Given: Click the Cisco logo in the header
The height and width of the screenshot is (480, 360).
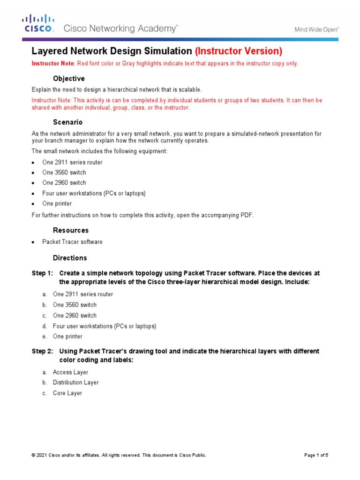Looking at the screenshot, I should coord(39,23).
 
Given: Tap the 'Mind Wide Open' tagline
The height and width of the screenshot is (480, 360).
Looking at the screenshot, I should coord(316,29).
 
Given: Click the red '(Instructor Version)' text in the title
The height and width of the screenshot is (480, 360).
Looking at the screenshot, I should coord(239,51).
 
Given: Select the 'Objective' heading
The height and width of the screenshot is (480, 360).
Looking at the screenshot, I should coord(68,78).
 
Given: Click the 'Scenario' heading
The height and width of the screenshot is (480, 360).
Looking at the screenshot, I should coord(67,122).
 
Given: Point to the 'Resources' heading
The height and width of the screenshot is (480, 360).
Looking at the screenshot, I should coord(70,231).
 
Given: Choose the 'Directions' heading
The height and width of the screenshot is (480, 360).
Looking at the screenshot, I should coord(70,258).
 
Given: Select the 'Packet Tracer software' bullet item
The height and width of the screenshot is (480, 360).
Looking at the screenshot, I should coord(72,242).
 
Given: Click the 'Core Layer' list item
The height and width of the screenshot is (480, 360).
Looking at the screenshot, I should coord(67,393).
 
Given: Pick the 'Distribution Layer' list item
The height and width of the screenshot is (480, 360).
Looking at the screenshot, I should coord(75,382).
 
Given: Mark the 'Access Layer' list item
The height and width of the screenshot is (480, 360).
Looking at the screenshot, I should coord(70,372).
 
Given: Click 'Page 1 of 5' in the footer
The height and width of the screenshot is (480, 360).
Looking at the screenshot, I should coord(316,455).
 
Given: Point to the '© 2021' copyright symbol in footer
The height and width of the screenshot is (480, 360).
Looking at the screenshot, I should coord(33,455).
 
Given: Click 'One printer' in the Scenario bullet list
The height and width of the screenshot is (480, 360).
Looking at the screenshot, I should coord(57,204).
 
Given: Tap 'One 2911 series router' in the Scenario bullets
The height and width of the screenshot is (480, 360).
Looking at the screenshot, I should coord(72,162).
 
